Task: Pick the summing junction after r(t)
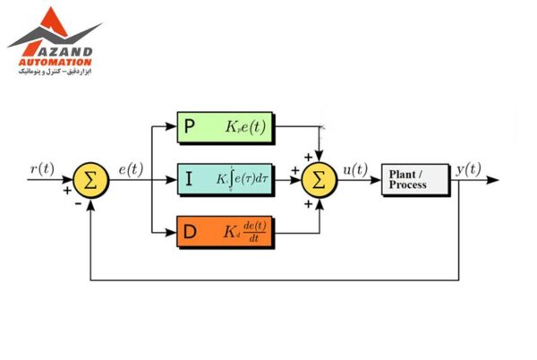click(x=89, y=179)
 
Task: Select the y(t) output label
click(x=467, y=167)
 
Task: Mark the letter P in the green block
click(x=190, y=127)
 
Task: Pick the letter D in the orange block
click(x=191, y=234)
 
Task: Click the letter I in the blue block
click(x=189, y=180)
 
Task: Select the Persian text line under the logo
click(x=56, y=72)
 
